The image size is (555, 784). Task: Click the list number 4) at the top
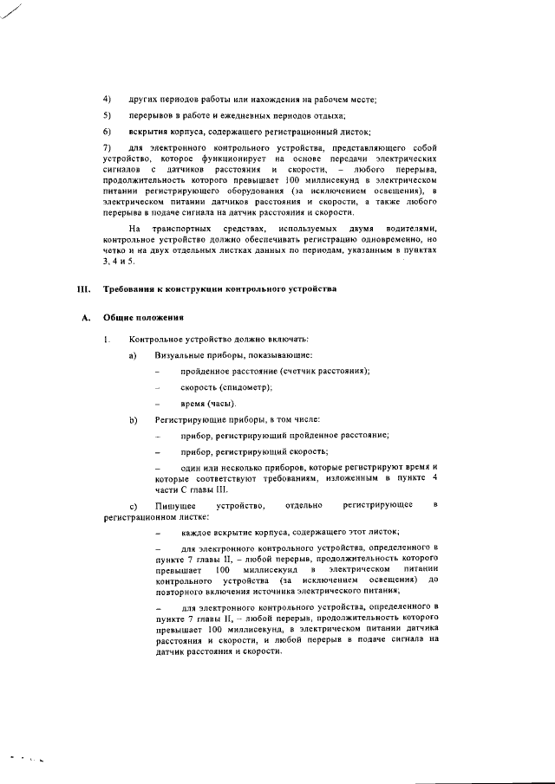tap(107, 100)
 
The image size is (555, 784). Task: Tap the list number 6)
tap(107, 132)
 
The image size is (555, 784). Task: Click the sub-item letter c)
tap(133, 505)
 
